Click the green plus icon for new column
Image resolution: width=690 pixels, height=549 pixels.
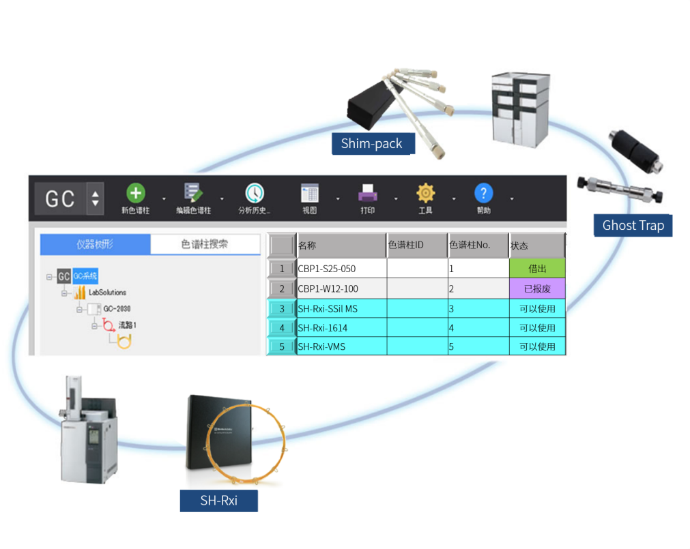136,193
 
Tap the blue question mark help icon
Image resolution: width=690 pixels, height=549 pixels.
483,193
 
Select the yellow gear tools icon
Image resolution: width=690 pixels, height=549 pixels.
425,193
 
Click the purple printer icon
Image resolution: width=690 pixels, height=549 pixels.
368,193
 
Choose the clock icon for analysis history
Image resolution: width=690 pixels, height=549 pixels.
254,193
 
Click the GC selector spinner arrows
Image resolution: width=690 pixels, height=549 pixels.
95,198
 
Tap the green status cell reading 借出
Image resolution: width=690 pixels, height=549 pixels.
537,269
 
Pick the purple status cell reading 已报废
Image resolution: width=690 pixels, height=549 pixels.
537,288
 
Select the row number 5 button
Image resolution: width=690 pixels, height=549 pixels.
282,346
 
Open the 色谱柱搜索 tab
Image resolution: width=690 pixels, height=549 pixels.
205,244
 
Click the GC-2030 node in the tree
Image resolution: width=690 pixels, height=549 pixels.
117,308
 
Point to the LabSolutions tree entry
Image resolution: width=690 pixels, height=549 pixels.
107,293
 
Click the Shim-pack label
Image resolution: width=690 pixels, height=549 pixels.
371,144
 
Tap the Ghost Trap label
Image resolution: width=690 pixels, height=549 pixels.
633,225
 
